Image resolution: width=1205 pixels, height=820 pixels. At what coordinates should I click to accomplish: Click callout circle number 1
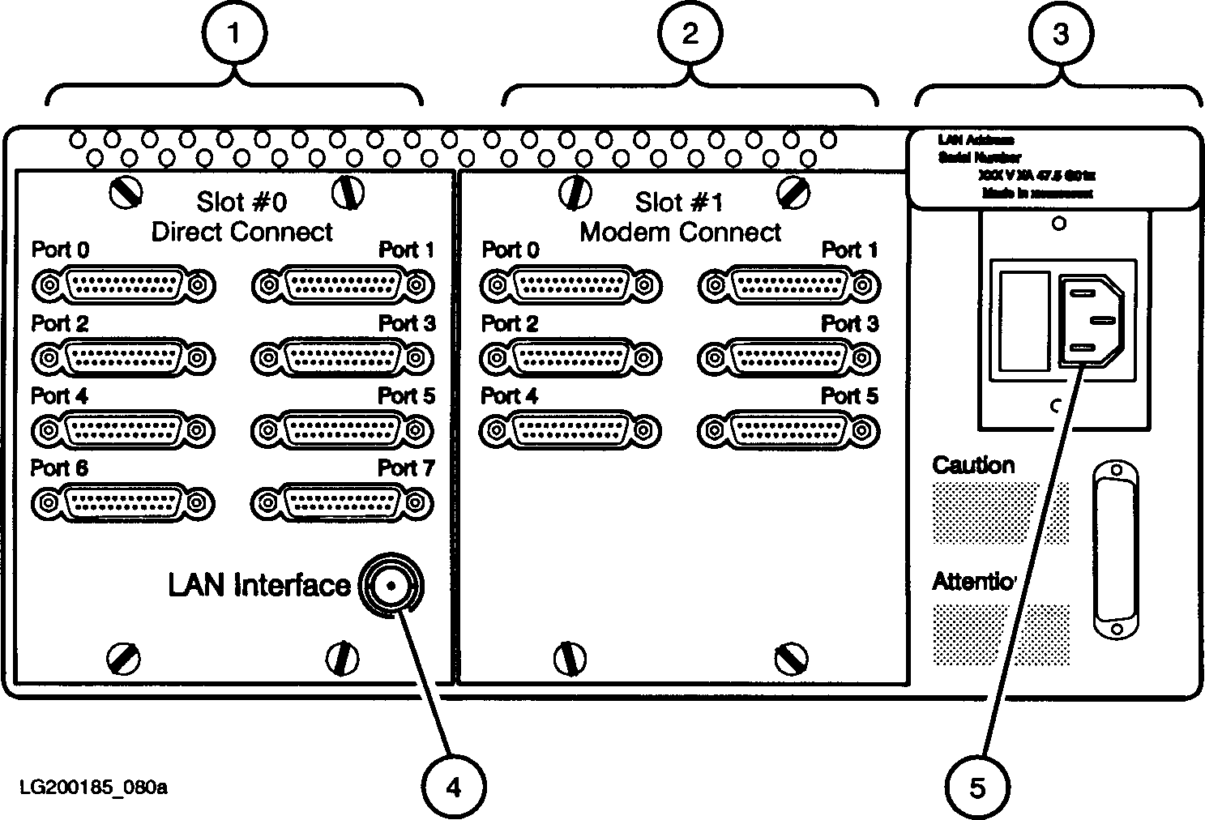[234, 33]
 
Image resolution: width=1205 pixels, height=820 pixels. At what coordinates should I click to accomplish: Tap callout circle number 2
[690, 33]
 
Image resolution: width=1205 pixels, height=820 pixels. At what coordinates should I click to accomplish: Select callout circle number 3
[1060, 33]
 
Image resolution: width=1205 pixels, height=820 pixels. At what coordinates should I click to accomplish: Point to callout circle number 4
[454, 785]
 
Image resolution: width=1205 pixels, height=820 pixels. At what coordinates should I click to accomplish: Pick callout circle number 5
[978, 787]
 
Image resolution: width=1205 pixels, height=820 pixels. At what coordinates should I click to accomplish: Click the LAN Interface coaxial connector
[391, 585]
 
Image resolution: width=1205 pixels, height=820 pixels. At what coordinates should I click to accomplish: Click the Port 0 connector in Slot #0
[123, 285]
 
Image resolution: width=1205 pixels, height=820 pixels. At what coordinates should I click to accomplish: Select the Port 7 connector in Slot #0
[342, 503]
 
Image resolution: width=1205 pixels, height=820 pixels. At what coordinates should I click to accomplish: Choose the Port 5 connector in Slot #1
[788, 430]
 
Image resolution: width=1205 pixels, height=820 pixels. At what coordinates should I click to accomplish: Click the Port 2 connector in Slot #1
[570, 358]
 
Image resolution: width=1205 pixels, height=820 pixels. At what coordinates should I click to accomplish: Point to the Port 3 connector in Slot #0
[343, 358]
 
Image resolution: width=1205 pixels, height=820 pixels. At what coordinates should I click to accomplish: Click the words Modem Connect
[681, 233]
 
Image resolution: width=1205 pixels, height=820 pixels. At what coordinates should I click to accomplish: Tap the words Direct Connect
[242, 232]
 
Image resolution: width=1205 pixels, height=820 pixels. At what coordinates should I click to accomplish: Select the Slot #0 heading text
[241, 201]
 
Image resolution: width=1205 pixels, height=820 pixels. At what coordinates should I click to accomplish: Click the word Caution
[973, 465]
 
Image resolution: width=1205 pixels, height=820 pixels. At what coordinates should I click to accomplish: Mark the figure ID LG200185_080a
[94, 787]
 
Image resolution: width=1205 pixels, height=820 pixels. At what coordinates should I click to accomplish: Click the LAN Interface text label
[259, 585]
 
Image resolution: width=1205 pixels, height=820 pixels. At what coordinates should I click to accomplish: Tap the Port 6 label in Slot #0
[59, 468]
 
